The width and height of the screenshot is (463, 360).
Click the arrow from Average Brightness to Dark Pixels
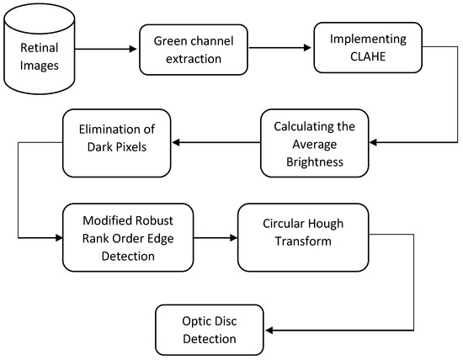[211, 141]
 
